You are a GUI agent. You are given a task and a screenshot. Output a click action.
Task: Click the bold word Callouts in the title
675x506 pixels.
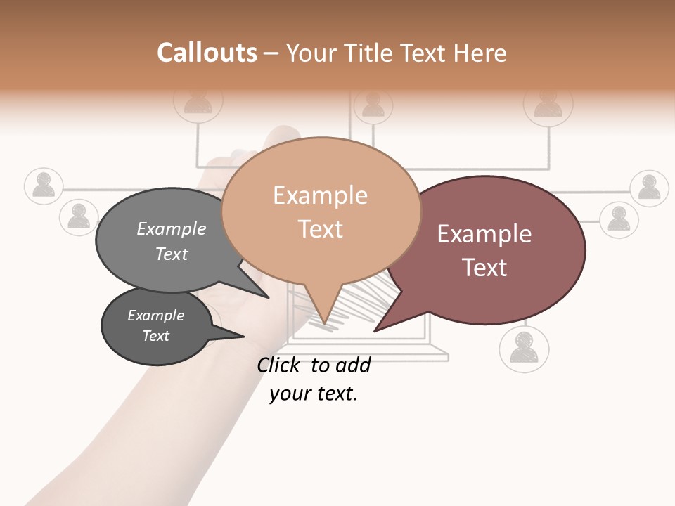click(207, 53)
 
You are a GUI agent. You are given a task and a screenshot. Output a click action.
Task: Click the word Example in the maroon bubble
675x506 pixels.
click(484, 234)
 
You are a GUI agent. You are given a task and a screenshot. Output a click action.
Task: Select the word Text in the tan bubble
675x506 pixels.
click(321, 229)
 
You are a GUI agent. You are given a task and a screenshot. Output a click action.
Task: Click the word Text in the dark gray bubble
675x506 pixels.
click(155, 336)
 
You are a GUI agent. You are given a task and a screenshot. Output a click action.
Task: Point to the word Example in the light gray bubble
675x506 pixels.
click(171, 229)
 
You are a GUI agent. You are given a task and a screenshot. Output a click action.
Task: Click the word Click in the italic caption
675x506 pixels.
click(279, 365)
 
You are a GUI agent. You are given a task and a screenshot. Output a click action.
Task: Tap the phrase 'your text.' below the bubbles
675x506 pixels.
click(313, 394)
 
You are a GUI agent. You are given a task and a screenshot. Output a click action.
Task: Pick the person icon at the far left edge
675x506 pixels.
click(44, 186)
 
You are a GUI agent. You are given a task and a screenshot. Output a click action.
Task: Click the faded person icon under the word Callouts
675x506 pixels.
click(198, 101)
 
